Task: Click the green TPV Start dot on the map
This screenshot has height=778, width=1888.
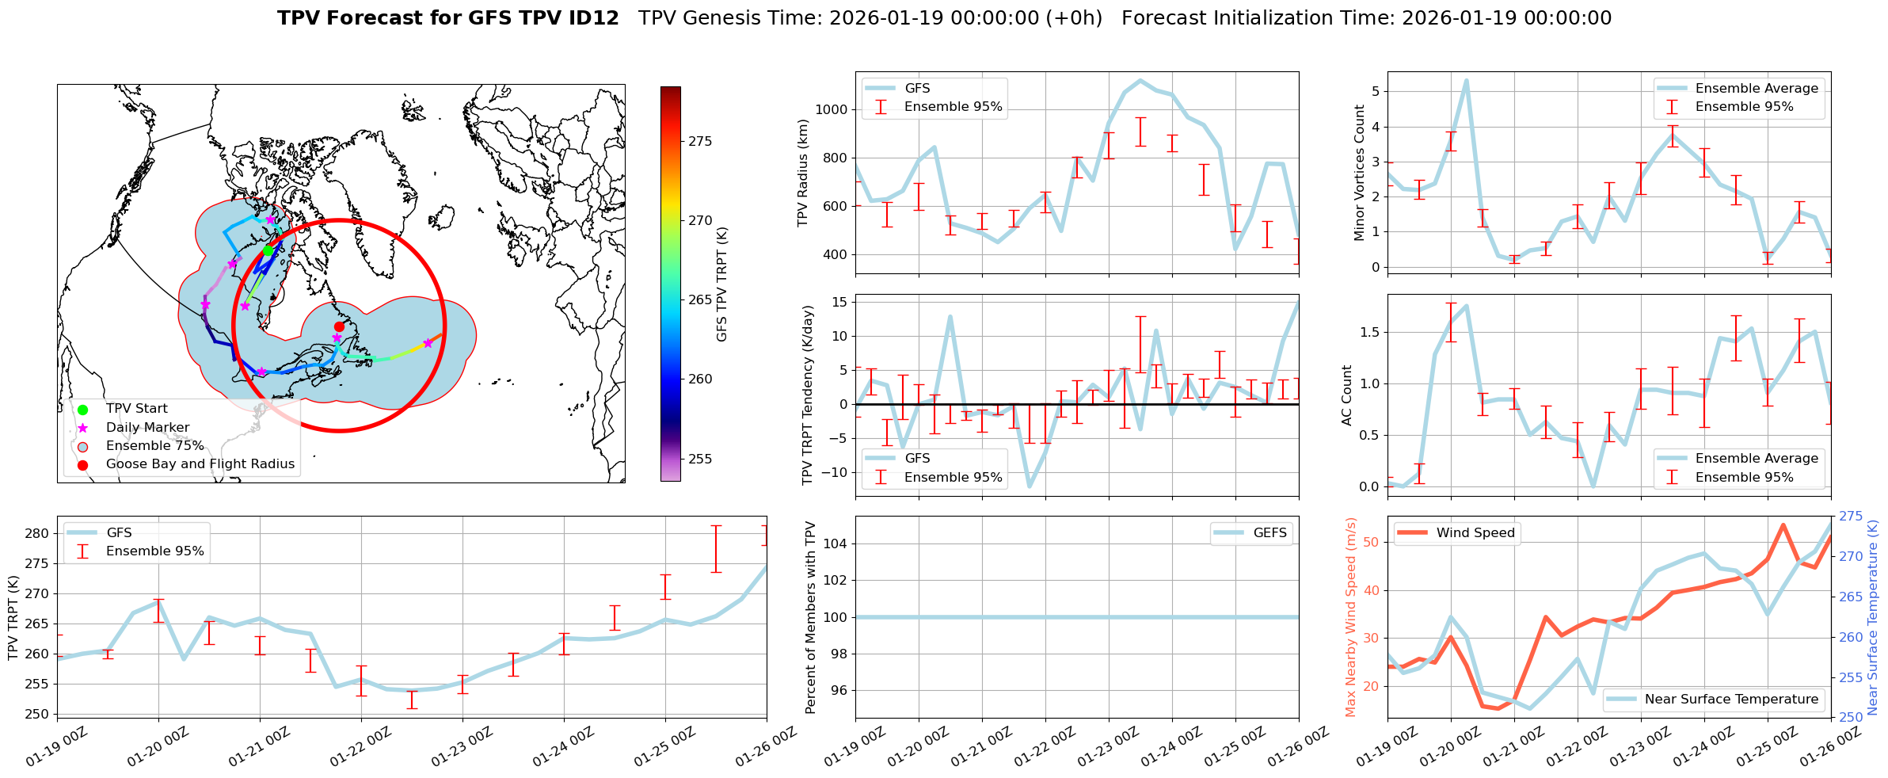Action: coord(268,250)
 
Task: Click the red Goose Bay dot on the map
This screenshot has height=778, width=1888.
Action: coord(339,326)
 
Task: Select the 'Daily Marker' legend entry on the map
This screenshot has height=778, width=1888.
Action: coord(147,427)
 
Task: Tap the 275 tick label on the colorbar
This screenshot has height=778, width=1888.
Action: coord(700,141)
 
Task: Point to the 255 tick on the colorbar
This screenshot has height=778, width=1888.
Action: coord(700,459)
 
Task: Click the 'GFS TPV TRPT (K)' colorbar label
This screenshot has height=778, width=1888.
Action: coord(721,284)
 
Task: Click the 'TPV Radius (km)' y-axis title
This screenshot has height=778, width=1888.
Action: coord(803,173)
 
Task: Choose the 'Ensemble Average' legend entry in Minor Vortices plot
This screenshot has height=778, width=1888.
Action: coord(1757,88)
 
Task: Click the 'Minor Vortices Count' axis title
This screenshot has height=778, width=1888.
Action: coord(1360,173)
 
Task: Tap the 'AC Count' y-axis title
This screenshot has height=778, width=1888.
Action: coord(1347,395)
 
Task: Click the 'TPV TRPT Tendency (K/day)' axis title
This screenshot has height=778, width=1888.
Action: coord(808,395)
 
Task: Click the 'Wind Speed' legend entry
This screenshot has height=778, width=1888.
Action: coord(1475,532)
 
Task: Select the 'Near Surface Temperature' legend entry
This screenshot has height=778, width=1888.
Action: coord(1731,699)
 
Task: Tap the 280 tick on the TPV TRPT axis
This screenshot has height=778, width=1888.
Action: coord(37,533)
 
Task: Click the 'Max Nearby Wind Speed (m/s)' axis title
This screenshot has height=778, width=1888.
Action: coord(1351,617)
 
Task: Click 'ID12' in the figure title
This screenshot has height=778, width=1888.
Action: coord(589,18)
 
